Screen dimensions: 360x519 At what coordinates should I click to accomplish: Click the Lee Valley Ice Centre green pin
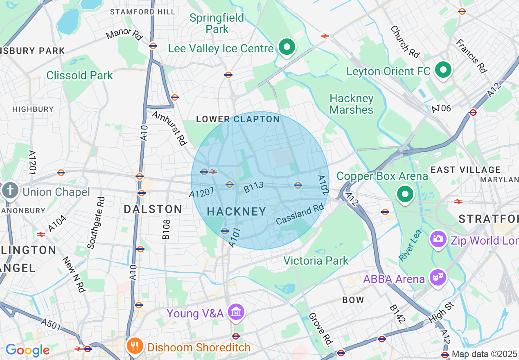(x=287, y=47)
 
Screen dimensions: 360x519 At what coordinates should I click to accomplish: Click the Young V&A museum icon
(x=236, y=313)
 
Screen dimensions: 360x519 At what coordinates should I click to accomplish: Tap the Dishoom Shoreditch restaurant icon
(x=134, y=346)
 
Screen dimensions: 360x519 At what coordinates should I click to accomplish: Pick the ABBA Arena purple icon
(x=438, y=278)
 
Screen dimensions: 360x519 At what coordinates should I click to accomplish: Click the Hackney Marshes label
(x=352, y=104)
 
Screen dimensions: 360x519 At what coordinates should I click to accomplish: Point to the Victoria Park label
(x=316, y=261)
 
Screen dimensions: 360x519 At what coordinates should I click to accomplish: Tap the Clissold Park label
(x=79, y=75)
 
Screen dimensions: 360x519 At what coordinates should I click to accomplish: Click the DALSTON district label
(x=153, y=209)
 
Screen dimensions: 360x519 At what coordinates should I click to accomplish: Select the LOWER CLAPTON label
(x=238, y=119)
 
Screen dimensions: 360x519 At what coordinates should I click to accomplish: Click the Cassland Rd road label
(x=300, y=214)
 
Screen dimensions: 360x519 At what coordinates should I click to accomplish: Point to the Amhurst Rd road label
(x=169, y=128)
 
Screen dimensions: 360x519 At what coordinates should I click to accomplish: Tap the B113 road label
(x=254, y=188)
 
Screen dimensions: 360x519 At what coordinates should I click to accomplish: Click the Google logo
(x=27, y=350)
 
